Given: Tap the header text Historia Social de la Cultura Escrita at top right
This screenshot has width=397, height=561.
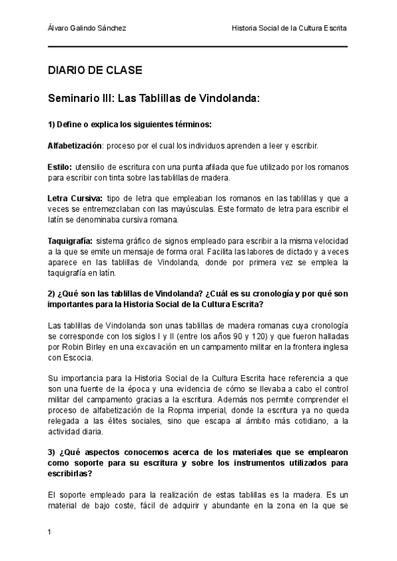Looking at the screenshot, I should (289, 29).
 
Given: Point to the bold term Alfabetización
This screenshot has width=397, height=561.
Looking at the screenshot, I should (75, 145).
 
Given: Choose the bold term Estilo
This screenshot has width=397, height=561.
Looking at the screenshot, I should (60, 167).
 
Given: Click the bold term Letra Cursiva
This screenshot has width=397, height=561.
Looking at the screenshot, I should (75, 199).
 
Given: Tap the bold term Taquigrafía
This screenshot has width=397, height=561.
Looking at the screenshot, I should (69, 241).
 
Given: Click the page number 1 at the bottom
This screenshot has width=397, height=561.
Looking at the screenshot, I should (50, 531).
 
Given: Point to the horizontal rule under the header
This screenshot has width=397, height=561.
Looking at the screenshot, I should (198, 47).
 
